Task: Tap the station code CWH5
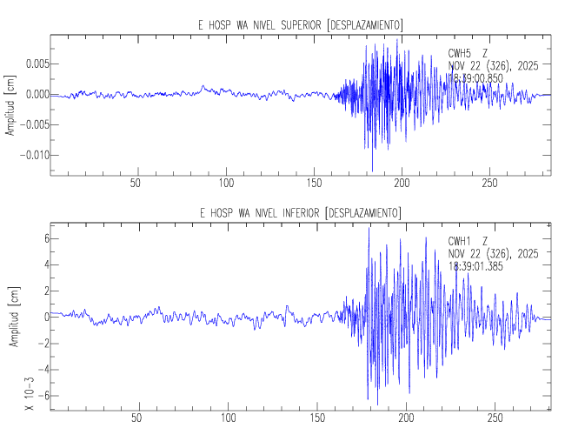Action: (x=461, y=53)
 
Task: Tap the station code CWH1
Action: (x=461, y=241)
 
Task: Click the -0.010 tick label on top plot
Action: (x=32, y=155)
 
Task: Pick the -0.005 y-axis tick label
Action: (x=32, y=124)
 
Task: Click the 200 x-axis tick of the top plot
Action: (x=402, y=183)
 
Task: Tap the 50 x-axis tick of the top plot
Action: (x=136, y=183)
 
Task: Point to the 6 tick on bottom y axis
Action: (x=40, y=238)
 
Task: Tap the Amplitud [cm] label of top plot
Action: (x=10, y=106)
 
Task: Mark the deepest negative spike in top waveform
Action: (x=373, y=171)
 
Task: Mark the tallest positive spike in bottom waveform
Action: (x=369, y=228)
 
